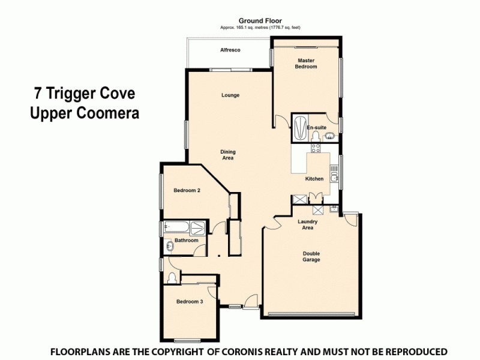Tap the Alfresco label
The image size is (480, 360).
[x=230, y=50]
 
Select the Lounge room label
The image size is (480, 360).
[x=230, y=95]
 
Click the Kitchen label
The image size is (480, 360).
[x=314, y=179]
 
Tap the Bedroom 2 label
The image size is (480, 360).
[x=187, y=190]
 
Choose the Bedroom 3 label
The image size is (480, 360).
[x=189, y=301]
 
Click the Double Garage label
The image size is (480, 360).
[x=311, y=256]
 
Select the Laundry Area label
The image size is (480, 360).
[x=308, y=225]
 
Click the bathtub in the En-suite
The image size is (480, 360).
[x=299, y=127]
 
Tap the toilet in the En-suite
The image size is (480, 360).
[x=314, y=137]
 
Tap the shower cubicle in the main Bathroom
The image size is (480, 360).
[x=197, y=228]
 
